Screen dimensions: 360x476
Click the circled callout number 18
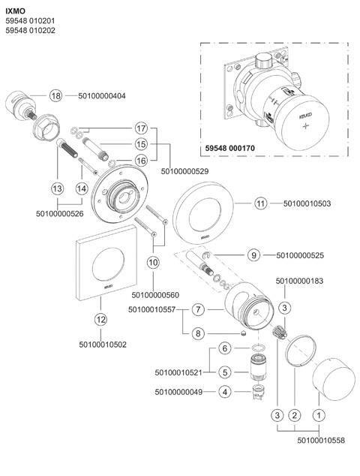[55, 96]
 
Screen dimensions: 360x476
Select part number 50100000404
[102, 96]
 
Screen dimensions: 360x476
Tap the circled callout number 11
[261, 203]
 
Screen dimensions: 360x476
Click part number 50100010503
[307, 203]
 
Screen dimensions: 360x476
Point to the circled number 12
[100, 319]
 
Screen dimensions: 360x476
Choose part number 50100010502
[103, 345]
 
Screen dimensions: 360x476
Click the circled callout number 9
[253, 255]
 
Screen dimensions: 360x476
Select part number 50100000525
[300, 255]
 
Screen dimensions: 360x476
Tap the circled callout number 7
[198, 309]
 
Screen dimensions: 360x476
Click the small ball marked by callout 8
[243, 333]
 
